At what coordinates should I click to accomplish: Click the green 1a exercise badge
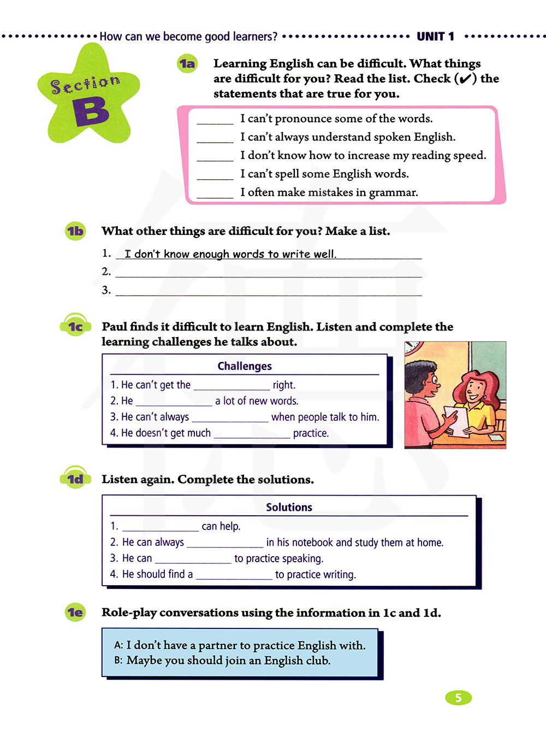tap(187, 64)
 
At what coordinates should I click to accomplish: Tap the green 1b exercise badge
tap(75, 231)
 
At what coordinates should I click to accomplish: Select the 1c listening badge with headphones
tap(75, 326)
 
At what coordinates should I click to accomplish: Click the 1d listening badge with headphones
tap(75, 479)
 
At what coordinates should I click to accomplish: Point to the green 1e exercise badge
tap(75, 613)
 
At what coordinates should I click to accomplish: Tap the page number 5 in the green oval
tap(458, 698)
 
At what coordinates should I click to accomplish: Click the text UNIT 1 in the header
tap(435, 37)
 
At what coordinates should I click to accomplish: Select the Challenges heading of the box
tap(244, 366)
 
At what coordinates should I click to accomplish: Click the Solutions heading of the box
tap(289, 507)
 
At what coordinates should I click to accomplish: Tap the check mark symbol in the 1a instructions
tap(465, 79)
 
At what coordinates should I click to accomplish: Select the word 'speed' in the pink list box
tap(468, 155)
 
